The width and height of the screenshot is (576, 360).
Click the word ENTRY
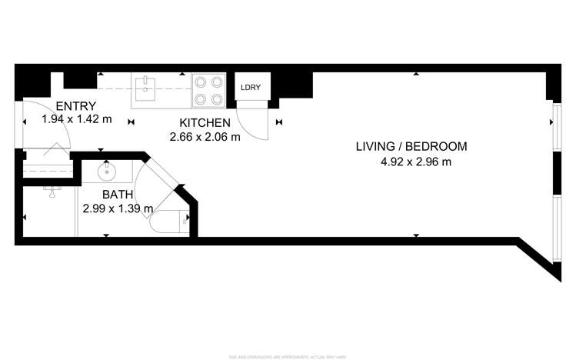pos(76,106)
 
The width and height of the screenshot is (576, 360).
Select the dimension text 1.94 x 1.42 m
pos(77,120)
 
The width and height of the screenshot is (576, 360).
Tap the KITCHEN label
pos(205,123)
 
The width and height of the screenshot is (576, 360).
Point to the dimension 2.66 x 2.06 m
pos(205,137)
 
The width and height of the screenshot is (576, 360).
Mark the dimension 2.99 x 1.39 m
pos(118,208)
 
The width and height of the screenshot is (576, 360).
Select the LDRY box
pos(251,88)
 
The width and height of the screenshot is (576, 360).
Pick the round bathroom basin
pos(107,171)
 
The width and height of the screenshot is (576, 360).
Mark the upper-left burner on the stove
pos(199,81)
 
